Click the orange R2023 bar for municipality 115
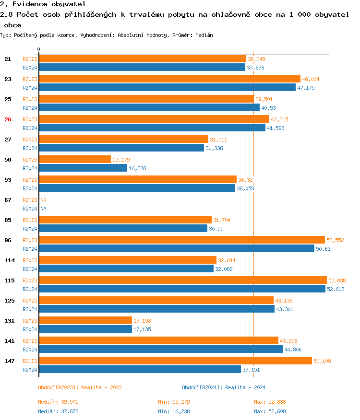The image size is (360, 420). (182, 280)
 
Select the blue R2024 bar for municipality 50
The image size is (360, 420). (83, 168)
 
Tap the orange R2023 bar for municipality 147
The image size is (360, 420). (175, 361)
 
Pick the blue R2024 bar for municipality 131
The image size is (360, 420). (85, 329)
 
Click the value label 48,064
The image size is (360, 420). (311, 79)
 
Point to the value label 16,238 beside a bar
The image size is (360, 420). (138, 168)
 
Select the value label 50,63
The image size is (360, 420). (323, 249)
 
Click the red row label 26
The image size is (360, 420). (8, 119)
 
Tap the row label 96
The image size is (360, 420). (8, 240)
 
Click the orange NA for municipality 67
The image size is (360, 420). (43, 200)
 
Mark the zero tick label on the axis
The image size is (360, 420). (39, 50)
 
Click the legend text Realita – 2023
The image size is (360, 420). (101, 387)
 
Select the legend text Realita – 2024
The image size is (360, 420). (245, 387)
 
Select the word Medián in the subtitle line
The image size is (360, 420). (204, 35)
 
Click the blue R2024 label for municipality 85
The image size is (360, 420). (30, 229)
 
